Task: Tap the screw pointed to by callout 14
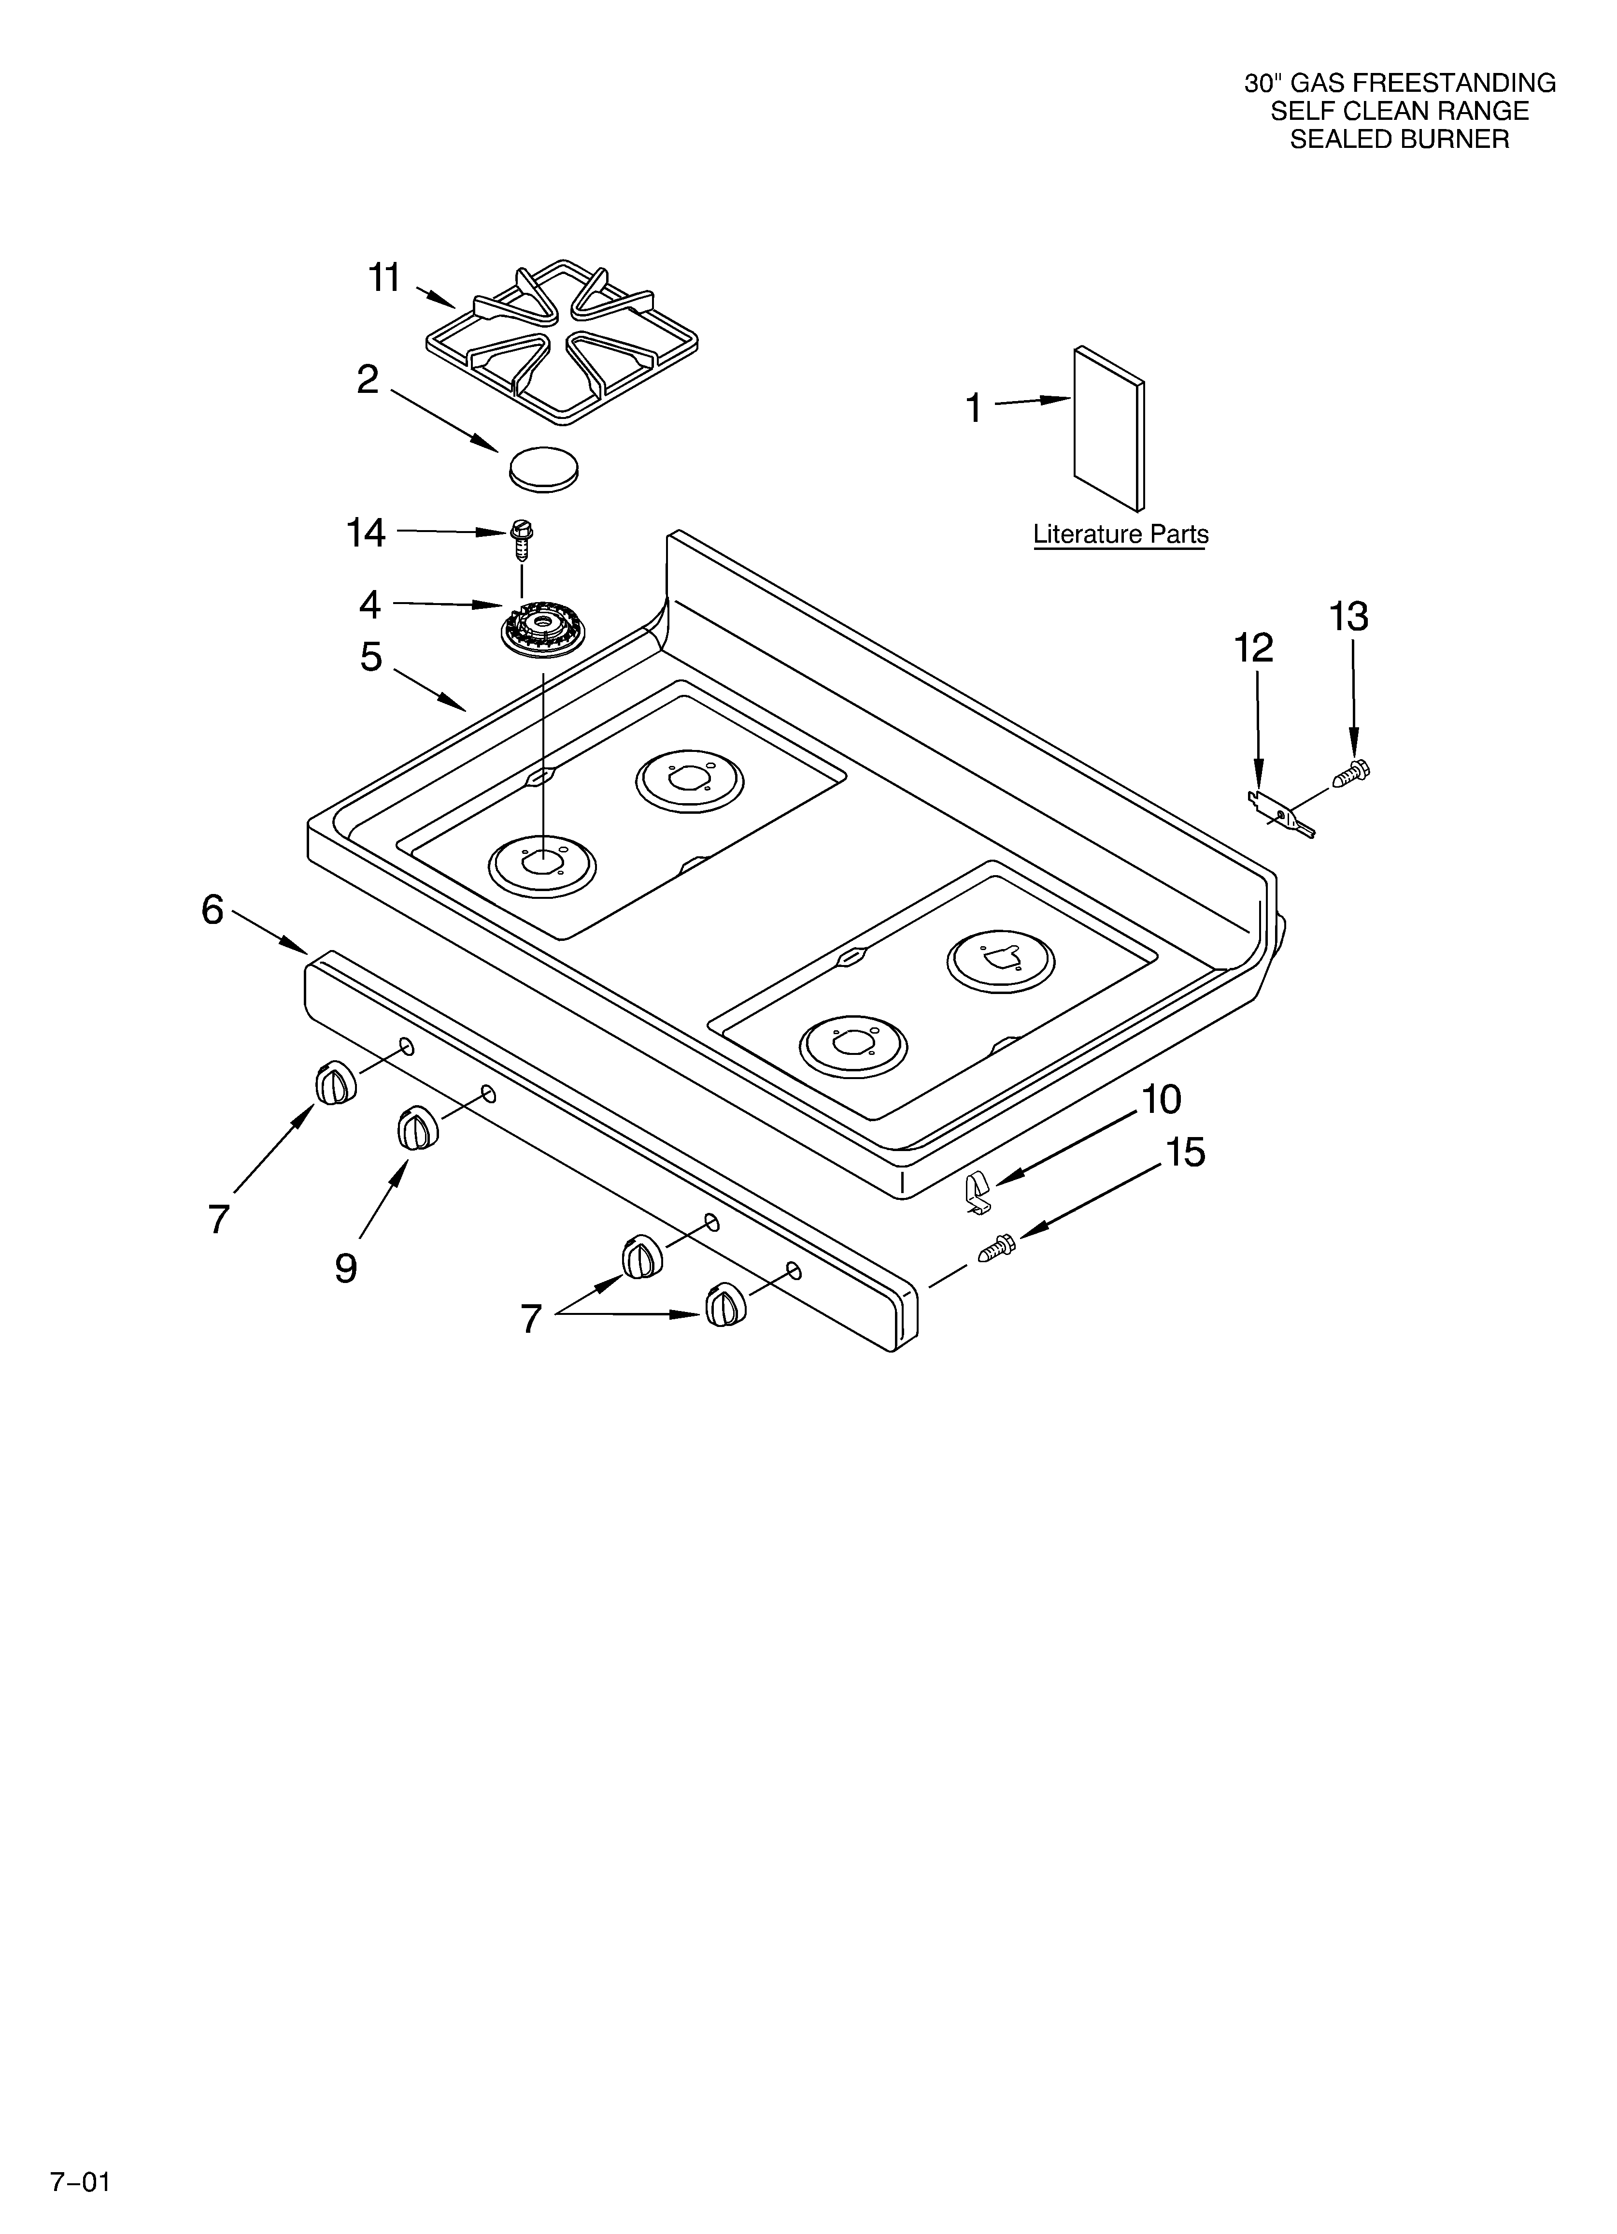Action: (522, 537)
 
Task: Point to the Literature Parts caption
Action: (1120, 535)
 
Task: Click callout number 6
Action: (213, 910)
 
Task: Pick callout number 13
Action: (1348, 618)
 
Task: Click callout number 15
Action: (1185, 1153)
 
